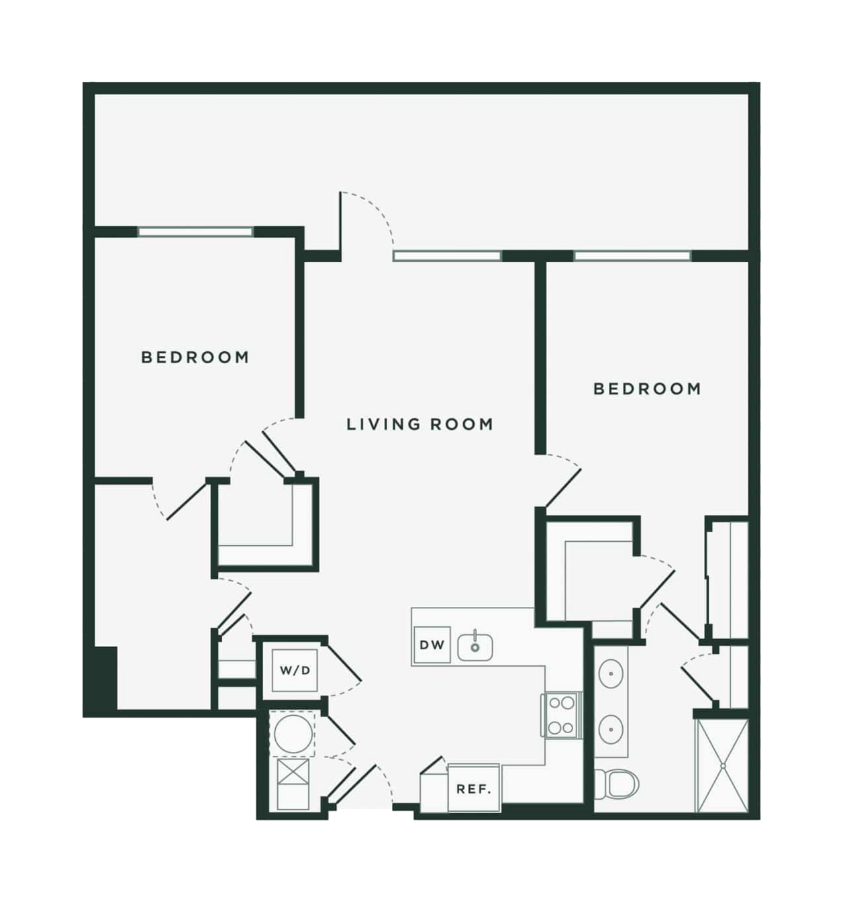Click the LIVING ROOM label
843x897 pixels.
pos(419,424)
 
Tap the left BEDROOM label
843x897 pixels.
pos(195,357)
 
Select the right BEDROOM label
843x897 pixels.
pos(647,389)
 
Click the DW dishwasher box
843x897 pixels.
pos(432,645)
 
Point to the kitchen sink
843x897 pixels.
pos(475,647)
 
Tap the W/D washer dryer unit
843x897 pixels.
pos(295,671)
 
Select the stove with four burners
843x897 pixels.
pos(561,716)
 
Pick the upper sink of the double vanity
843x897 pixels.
pos(611,673)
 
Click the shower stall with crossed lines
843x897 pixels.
pos(722,766)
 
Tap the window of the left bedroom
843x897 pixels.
pos(195,232)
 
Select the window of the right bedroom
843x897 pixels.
pos(633,256)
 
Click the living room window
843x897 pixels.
pos(447,256)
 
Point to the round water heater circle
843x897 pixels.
pos(293,733)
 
